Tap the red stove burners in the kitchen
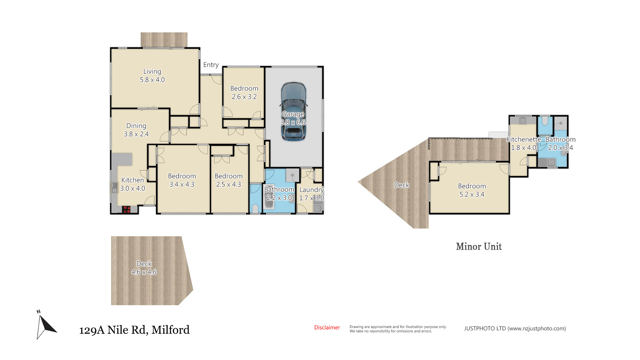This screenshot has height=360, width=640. click(126, 210)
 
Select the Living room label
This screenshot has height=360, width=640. click(152, 75)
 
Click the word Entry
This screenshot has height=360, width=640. click(211, 65)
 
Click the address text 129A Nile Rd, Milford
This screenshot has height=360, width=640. click(134, 330)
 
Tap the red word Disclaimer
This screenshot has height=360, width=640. click(327, 327)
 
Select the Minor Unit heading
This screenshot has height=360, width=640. click(479, 246)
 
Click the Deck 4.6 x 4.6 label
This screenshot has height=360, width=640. click(144, 268)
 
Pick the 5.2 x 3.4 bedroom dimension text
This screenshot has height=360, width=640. click(472, 194)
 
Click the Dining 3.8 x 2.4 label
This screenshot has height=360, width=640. click(136, 130)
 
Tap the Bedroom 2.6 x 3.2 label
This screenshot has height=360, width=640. click(244, 92)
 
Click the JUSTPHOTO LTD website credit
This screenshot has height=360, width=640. click(515, 328)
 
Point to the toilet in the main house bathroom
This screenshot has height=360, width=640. click(255, 209)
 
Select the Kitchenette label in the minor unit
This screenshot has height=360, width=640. click(524, 139)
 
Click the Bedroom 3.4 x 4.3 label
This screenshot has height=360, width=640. click(182, 180)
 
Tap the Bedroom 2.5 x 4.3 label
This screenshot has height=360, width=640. click(229, 180)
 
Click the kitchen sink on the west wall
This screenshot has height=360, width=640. click(114, 187)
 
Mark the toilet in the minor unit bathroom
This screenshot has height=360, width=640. click(545, 121)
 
